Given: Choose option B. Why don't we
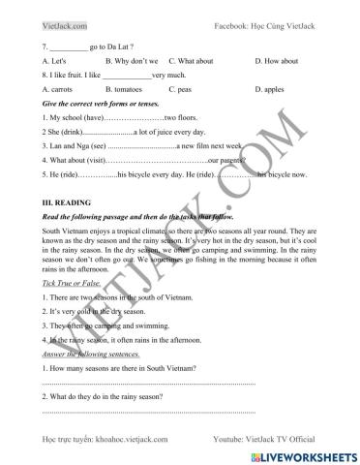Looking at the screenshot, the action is (x=133, y=60).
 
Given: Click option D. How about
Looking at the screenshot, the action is (x=279, y=60).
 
